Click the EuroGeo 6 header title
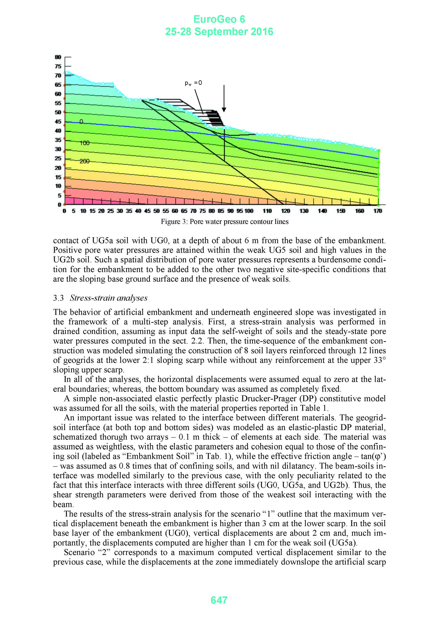click(x=219, y=19)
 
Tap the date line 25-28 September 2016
click(x=219, y=32)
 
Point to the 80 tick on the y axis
click(x=58, y=57)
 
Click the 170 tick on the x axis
click(x=378, y=211)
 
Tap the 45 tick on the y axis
click(x=58, y=122)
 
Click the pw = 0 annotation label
click(x=193, y=83)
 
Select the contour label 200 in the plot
click(x=84, y=161)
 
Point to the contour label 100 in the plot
click(x=84, y=143)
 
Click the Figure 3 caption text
click(x=225, y=222)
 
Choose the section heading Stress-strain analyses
click(x=108, y=298)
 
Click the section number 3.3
click(x=58, y=298)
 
